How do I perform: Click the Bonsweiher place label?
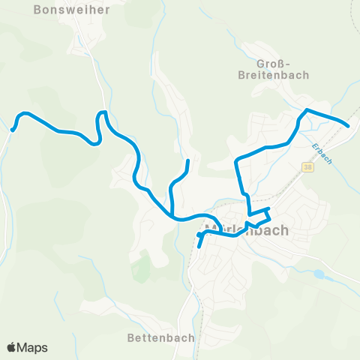pyautogui.click(x=72, y=10)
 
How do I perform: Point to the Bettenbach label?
pyautogui.click(x=161, y=338)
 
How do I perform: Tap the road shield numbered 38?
pyautogui.click(x=308, y=167)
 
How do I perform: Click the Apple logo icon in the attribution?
pyautogui.click(x=11, y=347)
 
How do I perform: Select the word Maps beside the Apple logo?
pyautogui.click(x=32, y=347)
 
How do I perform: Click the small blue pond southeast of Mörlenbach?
pyautogui.click(x=320, y=275)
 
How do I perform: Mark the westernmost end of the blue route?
pyautogui.click(x=13, y=130)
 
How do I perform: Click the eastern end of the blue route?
pyautogui.click(x=348, y=126)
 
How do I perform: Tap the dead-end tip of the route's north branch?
pyautogui.click(x=187, y=160)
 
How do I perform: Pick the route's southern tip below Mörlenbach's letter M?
pyautogui.click(x=199, y=245)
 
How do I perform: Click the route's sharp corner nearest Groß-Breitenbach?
pyautogui.click(x=306, y=110)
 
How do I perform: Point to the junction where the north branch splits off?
pyautogui.click(x=174, y=216)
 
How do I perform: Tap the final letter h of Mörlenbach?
pyautogui.click(x=283, y=230)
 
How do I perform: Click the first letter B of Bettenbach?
pyautogui.click(x=131, y=338)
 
